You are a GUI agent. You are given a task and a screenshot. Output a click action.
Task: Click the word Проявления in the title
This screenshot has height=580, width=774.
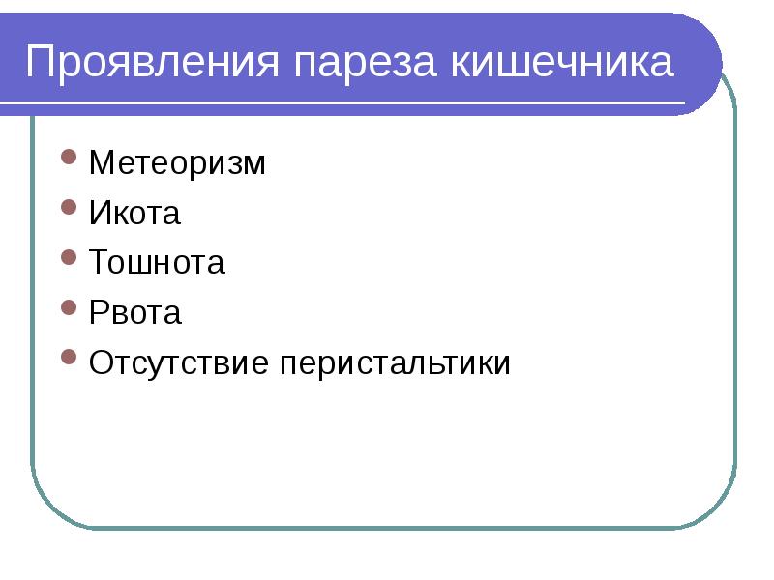[x=156, y=64]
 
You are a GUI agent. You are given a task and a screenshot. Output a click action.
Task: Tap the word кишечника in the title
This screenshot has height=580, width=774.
[x=561, y=64]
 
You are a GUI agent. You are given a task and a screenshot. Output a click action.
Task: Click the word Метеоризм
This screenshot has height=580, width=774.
[x=176, y=163]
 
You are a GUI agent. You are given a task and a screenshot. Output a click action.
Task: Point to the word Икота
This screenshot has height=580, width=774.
[x=134, y=214]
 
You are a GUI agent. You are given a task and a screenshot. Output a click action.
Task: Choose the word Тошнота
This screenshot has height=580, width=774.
[x=157, y=263]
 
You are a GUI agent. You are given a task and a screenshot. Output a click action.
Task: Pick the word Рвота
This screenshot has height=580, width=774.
[x=134, y=313]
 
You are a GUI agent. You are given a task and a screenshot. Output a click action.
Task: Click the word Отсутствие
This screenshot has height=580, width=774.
[x=181, y=363]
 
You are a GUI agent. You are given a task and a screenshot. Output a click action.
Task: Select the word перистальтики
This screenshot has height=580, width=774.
[x=396, y=363]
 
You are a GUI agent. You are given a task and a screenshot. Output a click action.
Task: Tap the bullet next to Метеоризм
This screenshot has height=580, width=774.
[x=68, y=157]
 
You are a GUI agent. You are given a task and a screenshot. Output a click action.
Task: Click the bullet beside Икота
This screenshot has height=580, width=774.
[x=68, y=207]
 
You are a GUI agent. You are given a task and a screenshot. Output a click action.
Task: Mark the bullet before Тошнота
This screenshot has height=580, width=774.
[x=68, y=257]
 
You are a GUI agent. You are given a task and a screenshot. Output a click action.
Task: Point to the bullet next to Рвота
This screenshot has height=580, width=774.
[x=68, y=307]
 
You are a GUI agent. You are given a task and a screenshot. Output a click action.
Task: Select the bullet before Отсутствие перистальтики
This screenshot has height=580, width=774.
[x=68, y=358]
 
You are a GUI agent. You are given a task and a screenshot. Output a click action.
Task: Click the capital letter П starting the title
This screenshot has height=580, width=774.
[x=41, y=64]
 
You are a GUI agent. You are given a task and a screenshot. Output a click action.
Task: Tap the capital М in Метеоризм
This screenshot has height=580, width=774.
[x=101, y=163]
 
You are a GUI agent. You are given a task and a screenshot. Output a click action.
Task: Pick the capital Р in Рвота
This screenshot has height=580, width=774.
[x=97, y=313]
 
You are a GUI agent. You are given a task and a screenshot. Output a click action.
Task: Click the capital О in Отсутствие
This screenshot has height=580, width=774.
[x=100, y=363]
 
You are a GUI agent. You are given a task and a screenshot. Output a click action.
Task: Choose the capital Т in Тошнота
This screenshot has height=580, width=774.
[x=98, y=263]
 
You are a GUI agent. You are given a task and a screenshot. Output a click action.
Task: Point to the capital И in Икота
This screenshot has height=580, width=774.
[x=99, y=214]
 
